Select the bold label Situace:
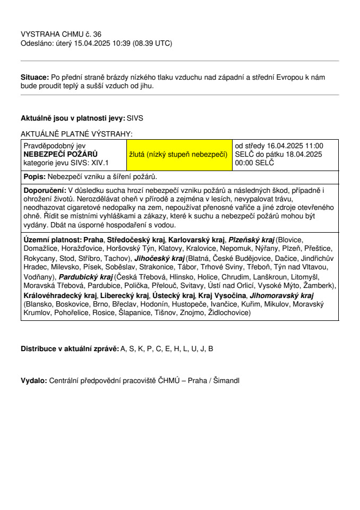click(x=35, y=77)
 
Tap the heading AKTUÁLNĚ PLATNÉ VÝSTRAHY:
click(x=76, y=134)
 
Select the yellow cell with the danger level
click(x=179, y=154)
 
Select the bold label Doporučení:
click(x=45, y=190)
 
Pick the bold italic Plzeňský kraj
click(x=251, y=240)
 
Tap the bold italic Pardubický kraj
click(x=86, y=277)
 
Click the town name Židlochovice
click(x=229, y=313)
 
